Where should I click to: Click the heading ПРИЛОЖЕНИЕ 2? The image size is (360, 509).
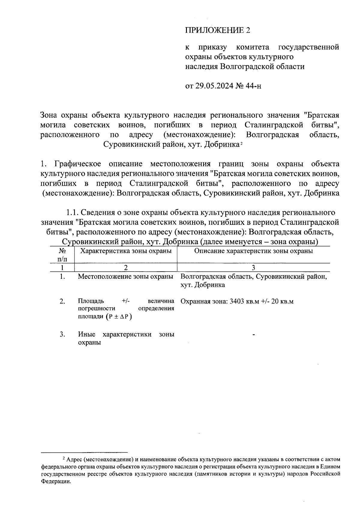(x=217, y=30)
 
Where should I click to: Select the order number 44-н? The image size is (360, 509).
(x=254, y=86)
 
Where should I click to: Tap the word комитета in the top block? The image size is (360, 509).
(x=253, y=47)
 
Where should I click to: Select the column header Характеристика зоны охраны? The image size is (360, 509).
(x=126, y=251)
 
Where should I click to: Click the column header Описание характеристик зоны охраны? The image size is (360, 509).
(x=253, y=251)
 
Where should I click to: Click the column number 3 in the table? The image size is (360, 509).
(x=253, y=267)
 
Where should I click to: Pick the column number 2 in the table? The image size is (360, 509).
(x=126, y=267)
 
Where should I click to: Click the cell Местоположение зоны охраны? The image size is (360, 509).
(x=126, y=276)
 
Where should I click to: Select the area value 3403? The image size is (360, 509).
(x=237, y=301)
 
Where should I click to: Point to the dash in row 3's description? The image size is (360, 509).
(x=254, y=334)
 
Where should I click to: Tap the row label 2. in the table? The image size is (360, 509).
(x=62, y=301)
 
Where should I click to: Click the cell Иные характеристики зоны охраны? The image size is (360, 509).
(x=126, y=338)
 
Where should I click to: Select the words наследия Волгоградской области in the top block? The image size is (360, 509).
(x=244, y=66)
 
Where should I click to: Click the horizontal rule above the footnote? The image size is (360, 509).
(x=84, y=452)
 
